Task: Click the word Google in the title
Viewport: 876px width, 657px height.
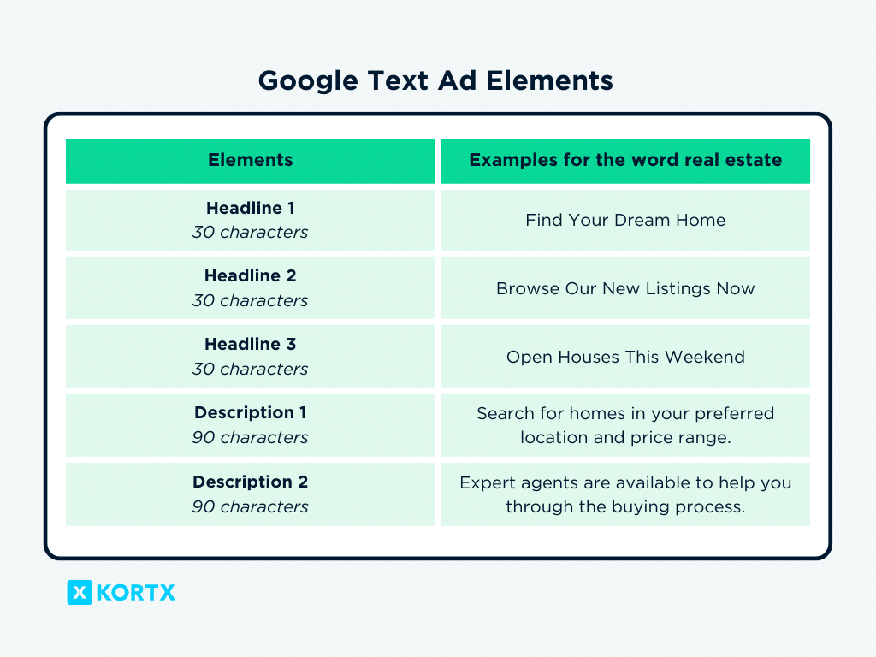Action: coord(308,81)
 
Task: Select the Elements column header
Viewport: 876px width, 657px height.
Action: coord(251,160)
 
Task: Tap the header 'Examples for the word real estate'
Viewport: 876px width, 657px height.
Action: coord(625,160)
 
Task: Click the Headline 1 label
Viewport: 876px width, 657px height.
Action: coord(251,208)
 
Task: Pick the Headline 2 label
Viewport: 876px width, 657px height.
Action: coord(251,275)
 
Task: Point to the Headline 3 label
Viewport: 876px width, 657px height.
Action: coord(251,344)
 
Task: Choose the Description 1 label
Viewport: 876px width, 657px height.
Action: coord(251,412)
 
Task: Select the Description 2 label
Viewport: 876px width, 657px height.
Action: coord(251,482)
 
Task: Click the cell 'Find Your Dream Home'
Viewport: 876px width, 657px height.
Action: coord(625,220)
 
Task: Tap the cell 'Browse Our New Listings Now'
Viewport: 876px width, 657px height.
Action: coord(625,288)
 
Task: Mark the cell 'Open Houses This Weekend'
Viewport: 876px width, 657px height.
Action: coord(625,357)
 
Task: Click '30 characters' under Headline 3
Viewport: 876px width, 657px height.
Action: coord(251,369)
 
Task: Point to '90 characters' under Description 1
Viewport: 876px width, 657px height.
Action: coord(251,437)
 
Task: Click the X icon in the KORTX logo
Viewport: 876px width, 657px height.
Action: coord(80,592)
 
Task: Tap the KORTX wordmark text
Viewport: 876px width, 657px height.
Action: coord(136,593)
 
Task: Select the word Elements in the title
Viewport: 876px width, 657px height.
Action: coord(550,80)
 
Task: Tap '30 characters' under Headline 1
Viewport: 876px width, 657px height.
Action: coord(251,232)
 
